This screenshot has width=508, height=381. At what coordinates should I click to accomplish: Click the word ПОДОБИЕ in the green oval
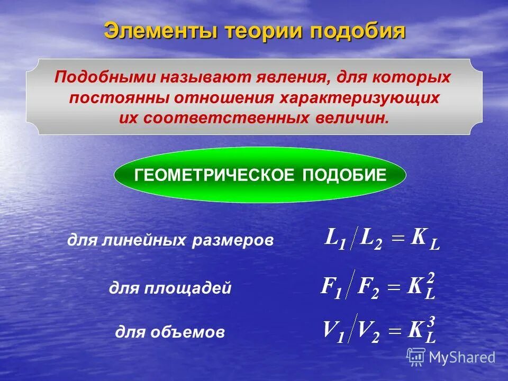coord(344,176)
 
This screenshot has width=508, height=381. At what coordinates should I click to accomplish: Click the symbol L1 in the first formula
coord(335,240)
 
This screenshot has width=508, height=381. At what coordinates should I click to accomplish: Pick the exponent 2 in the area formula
coord(431,277)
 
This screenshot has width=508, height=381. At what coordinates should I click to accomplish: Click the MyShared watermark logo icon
coord(416,356)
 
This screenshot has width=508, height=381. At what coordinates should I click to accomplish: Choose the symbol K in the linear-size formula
coord(419,238)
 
